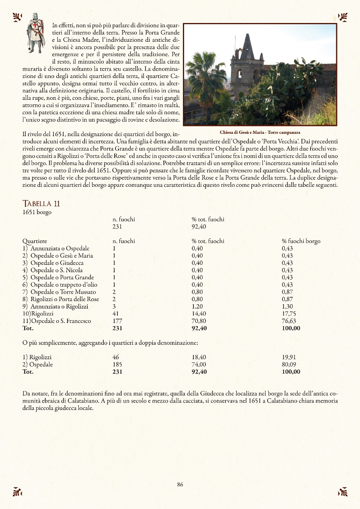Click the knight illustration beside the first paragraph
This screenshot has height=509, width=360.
coord(35,33)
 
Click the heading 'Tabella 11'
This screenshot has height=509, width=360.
coord(41,203)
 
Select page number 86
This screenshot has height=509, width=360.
coord(180,484)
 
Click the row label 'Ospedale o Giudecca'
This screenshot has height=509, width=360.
coord(57,263)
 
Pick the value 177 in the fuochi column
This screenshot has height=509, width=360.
coord(117,321)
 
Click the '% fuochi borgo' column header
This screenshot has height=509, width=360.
coord(301,241)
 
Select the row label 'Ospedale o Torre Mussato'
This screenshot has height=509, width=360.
coord(63,292)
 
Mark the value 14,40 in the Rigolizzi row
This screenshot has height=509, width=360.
coord(199,314)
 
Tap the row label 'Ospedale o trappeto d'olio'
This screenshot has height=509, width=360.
coord(64,285)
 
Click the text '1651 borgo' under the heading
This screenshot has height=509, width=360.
coord(37,212)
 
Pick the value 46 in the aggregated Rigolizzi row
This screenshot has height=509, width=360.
coord(116,357)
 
